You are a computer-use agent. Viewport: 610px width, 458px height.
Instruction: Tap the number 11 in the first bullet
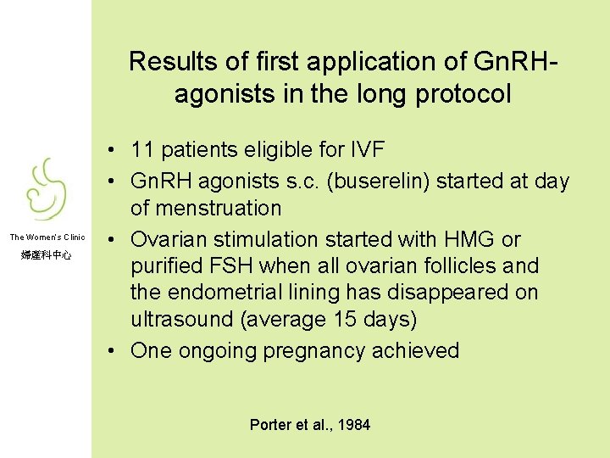142,151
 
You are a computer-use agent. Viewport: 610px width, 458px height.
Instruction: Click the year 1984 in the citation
355,425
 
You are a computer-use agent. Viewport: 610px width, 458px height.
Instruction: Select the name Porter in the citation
269,425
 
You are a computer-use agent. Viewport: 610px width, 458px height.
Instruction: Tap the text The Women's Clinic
47,237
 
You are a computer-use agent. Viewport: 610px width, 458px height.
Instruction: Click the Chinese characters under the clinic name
47,254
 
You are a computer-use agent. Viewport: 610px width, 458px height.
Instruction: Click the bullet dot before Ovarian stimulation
113,240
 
